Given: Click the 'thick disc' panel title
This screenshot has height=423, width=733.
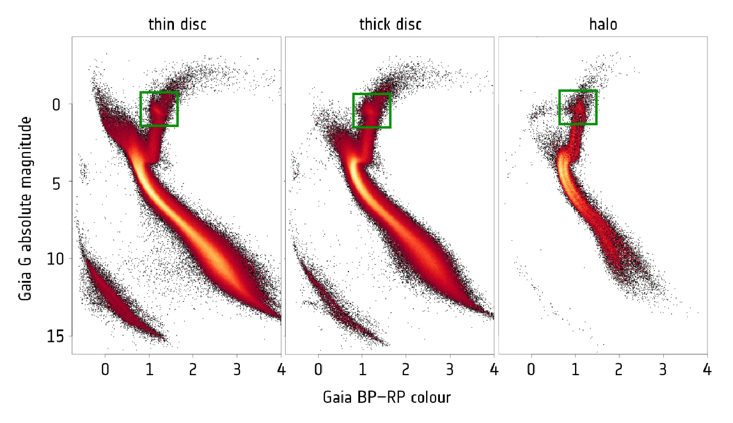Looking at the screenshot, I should point(390,24).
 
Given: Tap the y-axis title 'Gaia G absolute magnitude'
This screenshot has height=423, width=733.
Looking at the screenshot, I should point(26,209).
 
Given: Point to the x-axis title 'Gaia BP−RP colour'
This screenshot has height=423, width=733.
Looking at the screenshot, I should point(387,397).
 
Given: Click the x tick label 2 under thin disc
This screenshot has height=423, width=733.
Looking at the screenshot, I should point(193,369).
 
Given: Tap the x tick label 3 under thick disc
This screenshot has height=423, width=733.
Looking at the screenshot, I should point(450,369).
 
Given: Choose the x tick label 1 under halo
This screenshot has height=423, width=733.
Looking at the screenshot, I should point(575,369).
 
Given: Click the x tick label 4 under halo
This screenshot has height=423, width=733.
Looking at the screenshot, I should point(706,369).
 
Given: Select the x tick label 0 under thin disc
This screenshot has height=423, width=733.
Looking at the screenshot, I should point(105,369).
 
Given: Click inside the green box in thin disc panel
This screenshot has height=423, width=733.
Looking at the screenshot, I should point(159,109).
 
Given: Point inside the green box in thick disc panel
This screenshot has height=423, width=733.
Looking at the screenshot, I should point(372,111).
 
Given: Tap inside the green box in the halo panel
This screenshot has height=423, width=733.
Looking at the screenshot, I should point(578,107).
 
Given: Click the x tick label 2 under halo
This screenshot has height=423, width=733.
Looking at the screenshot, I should point(619,369).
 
